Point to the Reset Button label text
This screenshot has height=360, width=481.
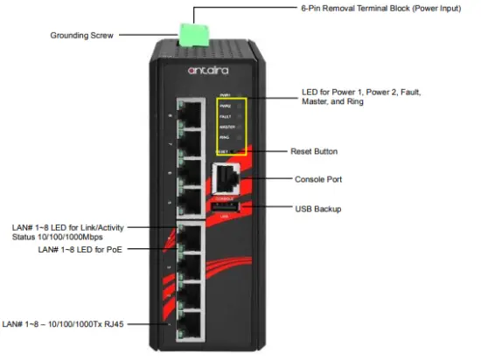pos(314,151)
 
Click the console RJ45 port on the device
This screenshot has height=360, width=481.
pos(225,179)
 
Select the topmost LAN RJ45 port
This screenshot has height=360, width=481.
pos(190,113)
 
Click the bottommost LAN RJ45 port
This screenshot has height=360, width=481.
pos(190,328)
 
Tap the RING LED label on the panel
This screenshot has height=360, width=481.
pos(225,137)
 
